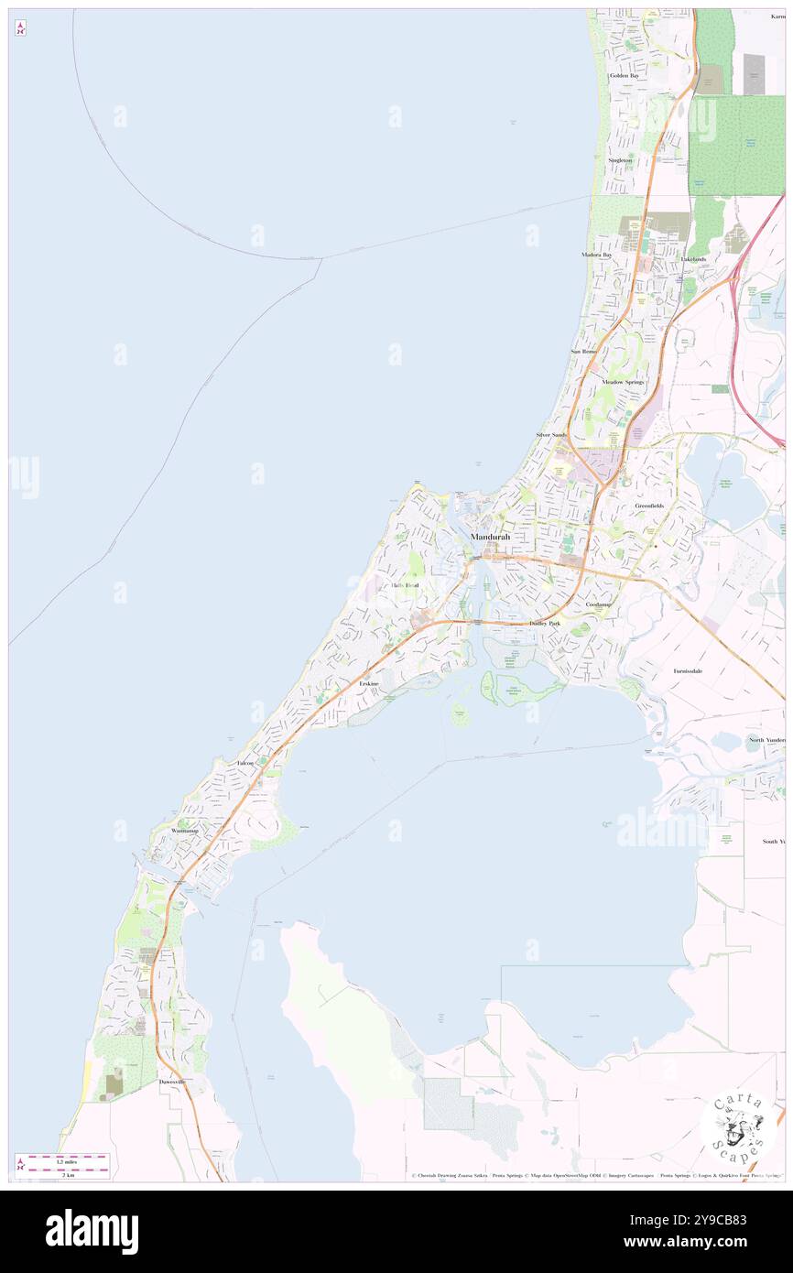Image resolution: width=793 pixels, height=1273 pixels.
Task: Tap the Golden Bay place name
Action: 624,75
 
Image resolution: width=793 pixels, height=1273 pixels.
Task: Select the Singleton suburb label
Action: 620,160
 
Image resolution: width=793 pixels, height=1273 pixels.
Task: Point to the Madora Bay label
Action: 595,255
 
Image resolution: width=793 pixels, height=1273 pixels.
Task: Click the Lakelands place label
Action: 692,259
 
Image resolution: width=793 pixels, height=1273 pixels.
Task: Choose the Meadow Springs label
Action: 623,381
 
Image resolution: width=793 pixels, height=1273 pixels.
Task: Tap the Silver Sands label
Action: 551,434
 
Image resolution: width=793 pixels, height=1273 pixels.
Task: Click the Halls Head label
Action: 405,585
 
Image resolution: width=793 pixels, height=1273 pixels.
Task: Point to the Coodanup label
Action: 599,604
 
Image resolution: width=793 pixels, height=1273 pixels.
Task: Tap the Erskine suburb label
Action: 369,684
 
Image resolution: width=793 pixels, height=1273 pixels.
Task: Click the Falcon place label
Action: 244,763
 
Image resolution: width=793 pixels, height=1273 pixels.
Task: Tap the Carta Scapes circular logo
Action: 738,1127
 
